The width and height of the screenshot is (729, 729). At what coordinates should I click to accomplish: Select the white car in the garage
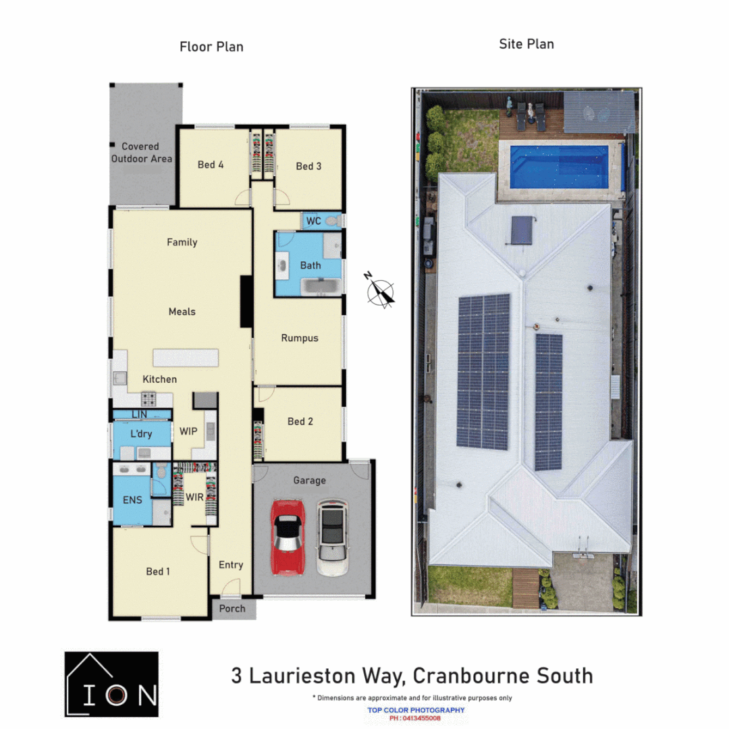(x=332, y=537)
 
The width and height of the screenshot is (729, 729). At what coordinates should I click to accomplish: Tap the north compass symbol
(x=380, y=292)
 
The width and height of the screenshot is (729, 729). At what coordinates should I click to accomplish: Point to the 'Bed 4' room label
(x=211, y=165)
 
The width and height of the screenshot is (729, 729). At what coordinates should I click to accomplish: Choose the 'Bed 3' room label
(x=308, y=166)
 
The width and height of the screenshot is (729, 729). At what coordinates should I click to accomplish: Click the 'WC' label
(x=313, y=221)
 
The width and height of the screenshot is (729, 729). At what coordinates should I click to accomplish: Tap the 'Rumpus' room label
(x=300, y=338)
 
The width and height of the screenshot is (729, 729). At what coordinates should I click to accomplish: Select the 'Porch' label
(x=233, y=609)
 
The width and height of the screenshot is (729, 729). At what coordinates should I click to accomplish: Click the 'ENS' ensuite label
(x=132, y=501)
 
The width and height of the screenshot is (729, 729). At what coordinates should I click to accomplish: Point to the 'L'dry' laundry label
(x=140, y=433)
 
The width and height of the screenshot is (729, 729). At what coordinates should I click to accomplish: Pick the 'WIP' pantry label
(x=188, y=431)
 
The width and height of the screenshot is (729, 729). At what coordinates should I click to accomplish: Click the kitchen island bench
(x=186, y=357)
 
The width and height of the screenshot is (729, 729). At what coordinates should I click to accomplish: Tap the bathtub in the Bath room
(x=321, y=287)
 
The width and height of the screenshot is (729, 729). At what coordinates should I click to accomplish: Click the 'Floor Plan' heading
(x=211, y=47)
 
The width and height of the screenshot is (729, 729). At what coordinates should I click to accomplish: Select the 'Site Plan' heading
(x=526, y=45)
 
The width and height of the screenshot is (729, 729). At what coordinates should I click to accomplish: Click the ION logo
(x=112, y=683)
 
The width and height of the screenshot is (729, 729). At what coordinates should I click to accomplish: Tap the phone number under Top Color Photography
(x=416, y=718)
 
